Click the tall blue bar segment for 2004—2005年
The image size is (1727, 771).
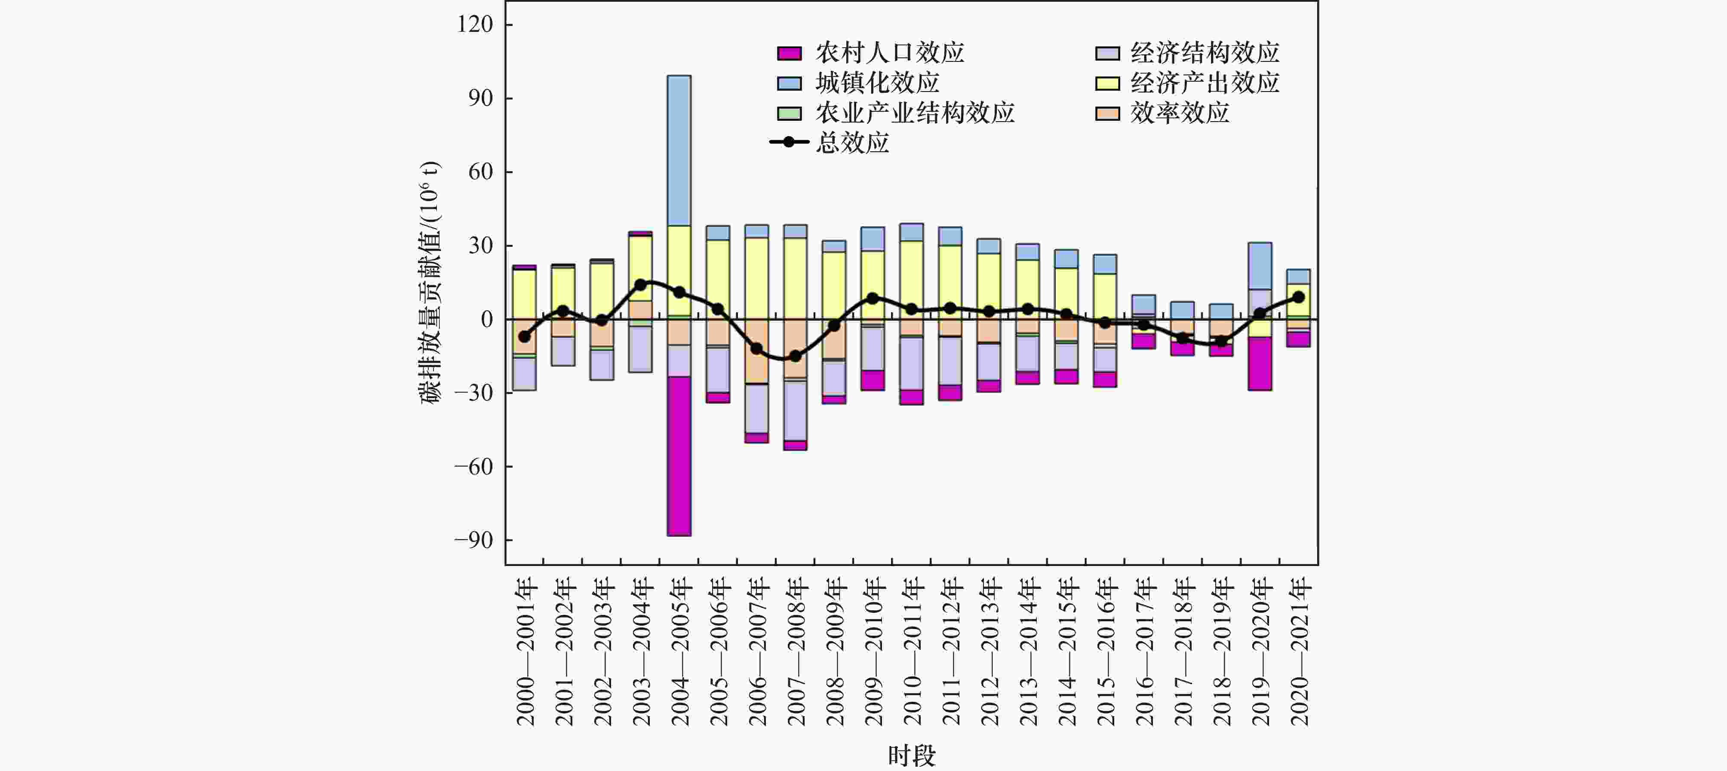679,151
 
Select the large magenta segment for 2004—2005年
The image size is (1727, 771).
679,456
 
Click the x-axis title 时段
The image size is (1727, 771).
912,756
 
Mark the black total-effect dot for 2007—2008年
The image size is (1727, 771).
795,356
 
